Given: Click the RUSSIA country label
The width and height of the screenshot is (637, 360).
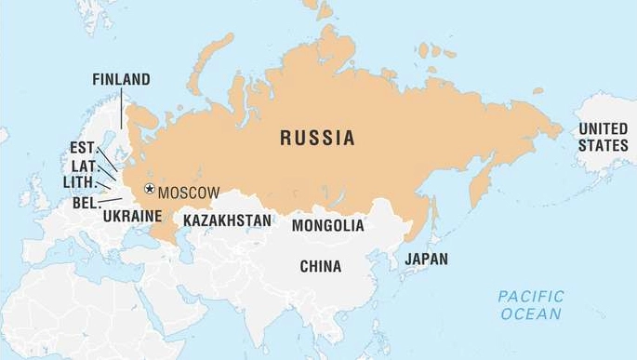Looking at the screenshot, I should click(317, 139).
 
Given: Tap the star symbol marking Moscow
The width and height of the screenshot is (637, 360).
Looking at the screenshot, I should click(149, 191).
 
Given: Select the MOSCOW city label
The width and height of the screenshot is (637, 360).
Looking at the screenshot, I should click(189, 193).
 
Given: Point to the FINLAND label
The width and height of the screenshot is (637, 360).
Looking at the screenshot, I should click(121, 80).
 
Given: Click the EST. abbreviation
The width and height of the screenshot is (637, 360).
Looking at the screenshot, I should click(82, 148).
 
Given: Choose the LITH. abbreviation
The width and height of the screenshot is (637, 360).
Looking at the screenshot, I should click(79, 181).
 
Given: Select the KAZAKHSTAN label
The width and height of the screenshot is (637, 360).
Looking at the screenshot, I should click(227, 220).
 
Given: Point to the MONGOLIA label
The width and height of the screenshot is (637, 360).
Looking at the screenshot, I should click(327, 225).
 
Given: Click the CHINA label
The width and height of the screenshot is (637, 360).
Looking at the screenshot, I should click(320, 266).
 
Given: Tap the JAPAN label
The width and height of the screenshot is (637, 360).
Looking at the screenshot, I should click(426, 260).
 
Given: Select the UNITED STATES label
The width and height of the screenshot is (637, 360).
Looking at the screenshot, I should click(603, 137).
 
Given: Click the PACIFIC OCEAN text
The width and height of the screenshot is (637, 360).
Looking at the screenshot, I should click(530, 305).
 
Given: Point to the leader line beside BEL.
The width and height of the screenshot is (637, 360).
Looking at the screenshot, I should click(111, 199).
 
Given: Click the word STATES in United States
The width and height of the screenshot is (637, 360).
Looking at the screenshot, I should click(603, 146).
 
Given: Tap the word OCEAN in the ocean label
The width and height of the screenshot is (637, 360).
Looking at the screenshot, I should click(531, 314).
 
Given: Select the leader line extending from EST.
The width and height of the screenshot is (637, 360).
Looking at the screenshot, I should click(106, 159).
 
